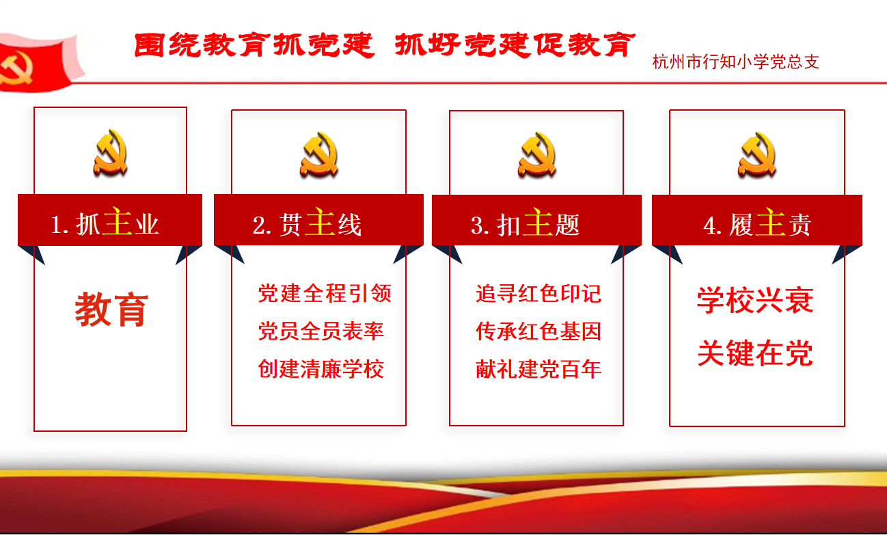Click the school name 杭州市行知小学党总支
coord(736,62)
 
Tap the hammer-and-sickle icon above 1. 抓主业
coord(111,152)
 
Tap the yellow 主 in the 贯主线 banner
coord(320,222)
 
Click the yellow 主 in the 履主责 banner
coord(771,222)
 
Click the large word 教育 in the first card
coord(111,310)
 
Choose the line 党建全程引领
coord(325,293)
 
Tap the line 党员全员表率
coord(320,331)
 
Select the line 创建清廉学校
coord(320,369)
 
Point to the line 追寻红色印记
coord(538,293)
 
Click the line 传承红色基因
coord(538,331)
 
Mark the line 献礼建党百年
coord(538,369)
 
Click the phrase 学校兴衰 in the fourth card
coord(755,300)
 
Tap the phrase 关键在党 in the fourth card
coord(755,353)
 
